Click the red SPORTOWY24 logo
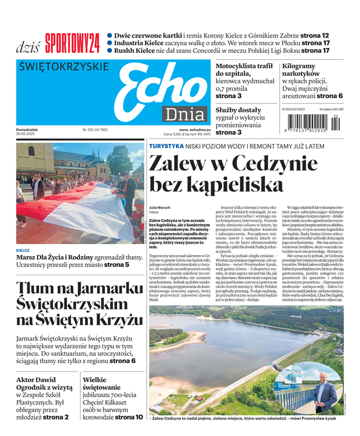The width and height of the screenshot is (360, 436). point(72,43)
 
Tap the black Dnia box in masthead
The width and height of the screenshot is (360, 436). point(184,114)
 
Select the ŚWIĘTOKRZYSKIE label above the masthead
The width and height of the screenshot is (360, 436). point(64,67)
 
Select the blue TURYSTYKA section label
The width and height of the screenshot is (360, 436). point(166,146)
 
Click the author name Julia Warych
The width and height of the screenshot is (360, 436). point(160,208)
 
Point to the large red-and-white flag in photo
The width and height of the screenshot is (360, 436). point(76,207)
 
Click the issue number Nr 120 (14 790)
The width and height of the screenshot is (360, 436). point(95,130)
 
